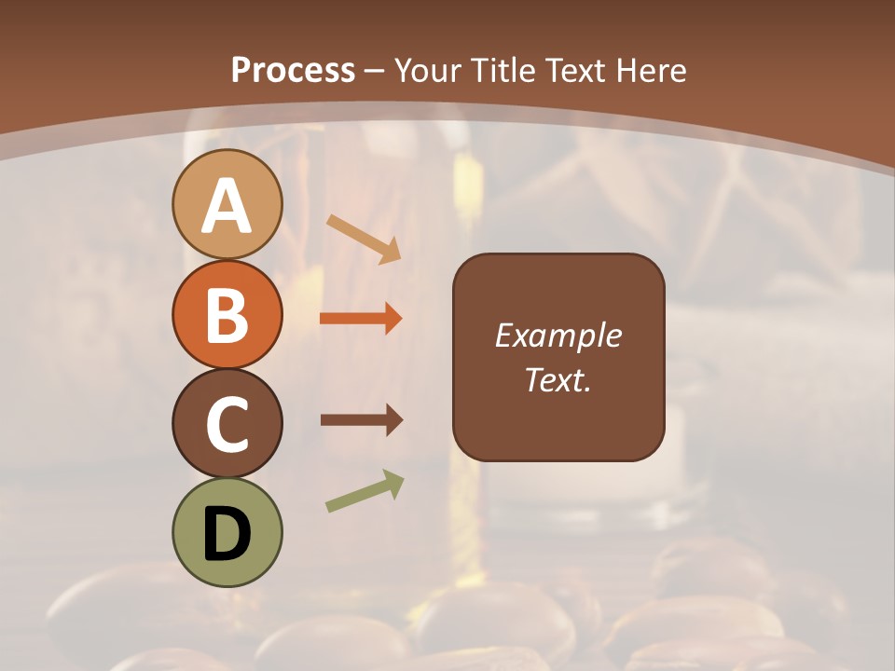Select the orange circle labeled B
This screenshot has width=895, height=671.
[227, 314]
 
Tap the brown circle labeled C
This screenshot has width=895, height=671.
[227, 424]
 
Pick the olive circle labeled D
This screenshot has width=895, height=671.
[227, 532]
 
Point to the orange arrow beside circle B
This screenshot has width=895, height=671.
[361, 319]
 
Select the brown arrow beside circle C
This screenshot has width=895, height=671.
[362, 420]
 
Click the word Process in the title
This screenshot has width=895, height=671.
[293, 70]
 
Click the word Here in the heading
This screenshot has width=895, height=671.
[653, 70]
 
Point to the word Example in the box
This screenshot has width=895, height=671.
[558, 335]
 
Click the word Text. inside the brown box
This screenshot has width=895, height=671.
[558, 379]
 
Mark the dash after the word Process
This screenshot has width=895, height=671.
[375, 71]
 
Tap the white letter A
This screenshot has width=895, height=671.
[227, 207]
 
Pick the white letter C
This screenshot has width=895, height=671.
[227, 426]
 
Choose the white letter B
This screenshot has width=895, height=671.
[227, 315]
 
